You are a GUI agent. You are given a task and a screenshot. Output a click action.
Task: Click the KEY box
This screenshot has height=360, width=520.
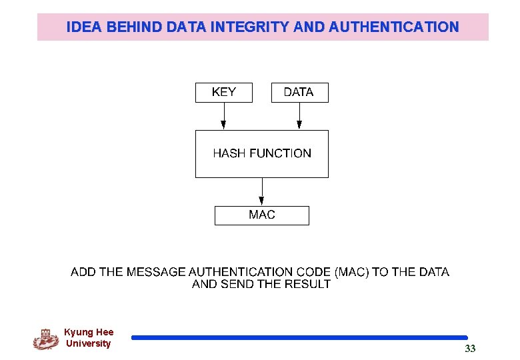[224, 93]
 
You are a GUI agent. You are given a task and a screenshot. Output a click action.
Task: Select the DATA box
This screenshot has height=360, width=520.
[299, 93]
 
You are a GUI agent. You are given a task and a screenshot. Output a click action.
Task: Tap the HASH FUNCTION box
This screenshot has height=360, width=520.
[262, 153]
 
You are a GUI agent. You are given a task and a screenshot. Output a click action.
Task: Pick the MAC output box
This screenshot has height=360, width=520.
[262, 215]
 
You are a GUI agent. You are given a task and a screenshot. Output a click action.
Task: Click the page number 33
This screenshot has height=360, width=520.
[470, 349]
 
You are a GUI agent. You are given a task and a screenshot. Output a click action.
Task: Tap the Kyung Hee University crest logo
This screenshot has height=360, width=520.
[46, 339]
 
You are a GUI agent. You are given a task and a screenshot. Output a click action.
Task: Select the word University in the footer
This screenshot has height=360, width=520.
[89, 344]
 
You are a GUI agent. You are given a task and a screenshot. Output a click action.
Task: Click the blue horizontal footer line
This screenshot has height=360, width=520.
[299, 338]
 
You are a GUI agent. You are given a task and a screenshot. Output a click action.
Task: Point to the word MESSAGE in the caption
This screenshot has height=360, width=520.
[155, 272]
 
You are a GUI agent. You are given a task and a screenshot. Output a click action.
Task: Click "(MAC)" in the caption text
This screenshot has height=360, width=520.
[351, 272]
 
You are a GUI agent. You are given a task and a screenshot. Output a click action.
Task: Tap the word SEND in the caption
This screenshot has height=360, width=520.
[235, 284]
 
